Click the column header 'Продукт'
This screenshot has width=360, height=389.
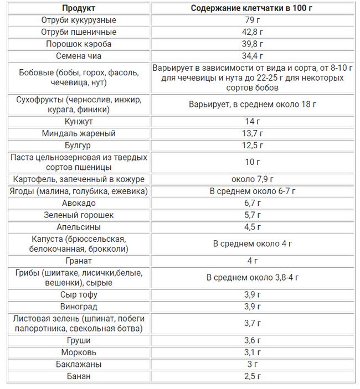[x=78, y=8]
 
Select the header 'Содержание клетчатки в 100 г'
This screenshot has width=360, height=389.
[x=253, y=8]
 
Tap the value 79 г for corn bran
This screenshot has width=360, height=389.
[x=253, y=20]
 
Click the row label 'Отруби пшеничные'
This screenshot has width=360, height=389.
[x=79, y=32]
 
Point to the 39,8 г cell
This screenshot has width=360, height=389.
[x=253, y=44]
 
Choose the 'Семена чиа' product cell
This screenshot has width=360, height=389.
[x=79, y=56]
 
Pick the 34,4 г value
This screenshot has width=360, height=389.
[x=253, y=56]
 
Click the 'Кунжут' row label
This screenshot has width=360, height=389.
[x=79, y=121]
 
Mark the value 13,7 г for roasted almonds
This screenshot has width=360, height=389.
[x=253, y=133]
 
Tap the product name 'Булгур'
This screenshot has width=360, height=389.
[x=79, y=145]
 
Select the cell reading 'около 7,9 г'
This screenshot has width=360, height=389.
[x=253, y=179]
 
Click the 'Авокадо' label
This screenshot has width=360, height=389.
[x=79, y=203]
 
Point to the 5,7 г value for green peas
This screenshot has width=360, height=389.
[x=253, y=215]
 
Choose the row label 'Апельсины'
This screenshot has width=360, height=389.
[x=79, y=227]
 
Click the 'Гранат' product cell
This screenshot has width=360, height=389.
[x=79, y=261]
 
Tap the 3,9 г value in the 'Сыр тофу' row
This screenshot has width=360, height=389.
[x=253, y=294]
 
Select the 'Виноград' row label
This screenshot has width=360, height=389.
[x=79, y=306]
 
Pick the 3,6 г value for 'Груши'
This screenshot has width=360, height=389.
[x=253, y=340]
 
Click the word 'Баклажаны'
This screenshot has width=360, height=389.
[x=79, y=365]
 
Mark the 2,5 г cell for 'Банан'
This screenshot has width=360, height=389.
[x=253, y=376]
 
